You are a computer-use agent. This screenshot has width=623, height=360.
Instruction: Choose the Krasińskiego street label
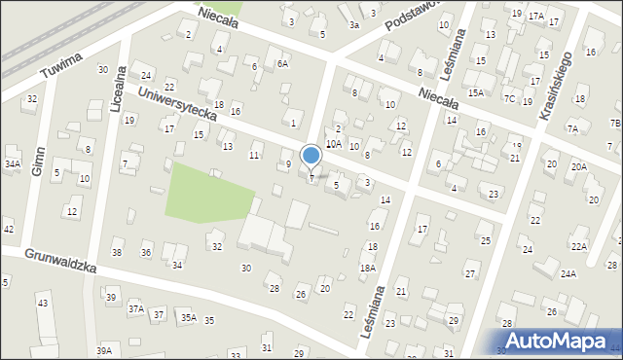tap(557, 84)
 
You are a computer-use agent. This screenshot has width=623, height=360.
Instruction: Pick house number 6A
tap(282, 63)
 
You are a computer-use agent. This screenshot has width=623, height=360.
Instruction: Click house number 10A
tap(333, 143)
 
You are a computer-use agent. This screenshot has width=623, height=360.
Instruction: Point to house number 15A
tap(475, 92)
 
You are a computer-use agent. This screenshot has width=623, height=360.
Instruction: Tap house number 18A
tap(367, 268)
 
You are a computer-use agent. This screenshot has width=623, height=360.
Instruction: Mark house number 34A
tap(12, 164)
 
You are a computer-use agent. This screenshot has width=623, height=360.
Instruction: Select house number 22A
tap(579, 247)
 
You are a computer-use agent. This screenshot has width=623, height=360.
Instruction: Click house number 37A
tap(135, 308)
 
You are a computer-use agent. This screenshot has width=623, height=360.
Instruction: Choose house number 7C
tap(509, 99)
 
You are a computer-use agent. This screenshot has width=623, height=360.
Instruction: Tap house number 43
tap(42, 304)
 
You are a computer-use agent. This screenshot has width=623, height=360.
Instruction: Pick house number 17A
tap(535, 17)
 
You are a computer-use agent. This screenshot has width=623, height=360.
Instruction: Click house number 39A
tap(103, 349)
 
